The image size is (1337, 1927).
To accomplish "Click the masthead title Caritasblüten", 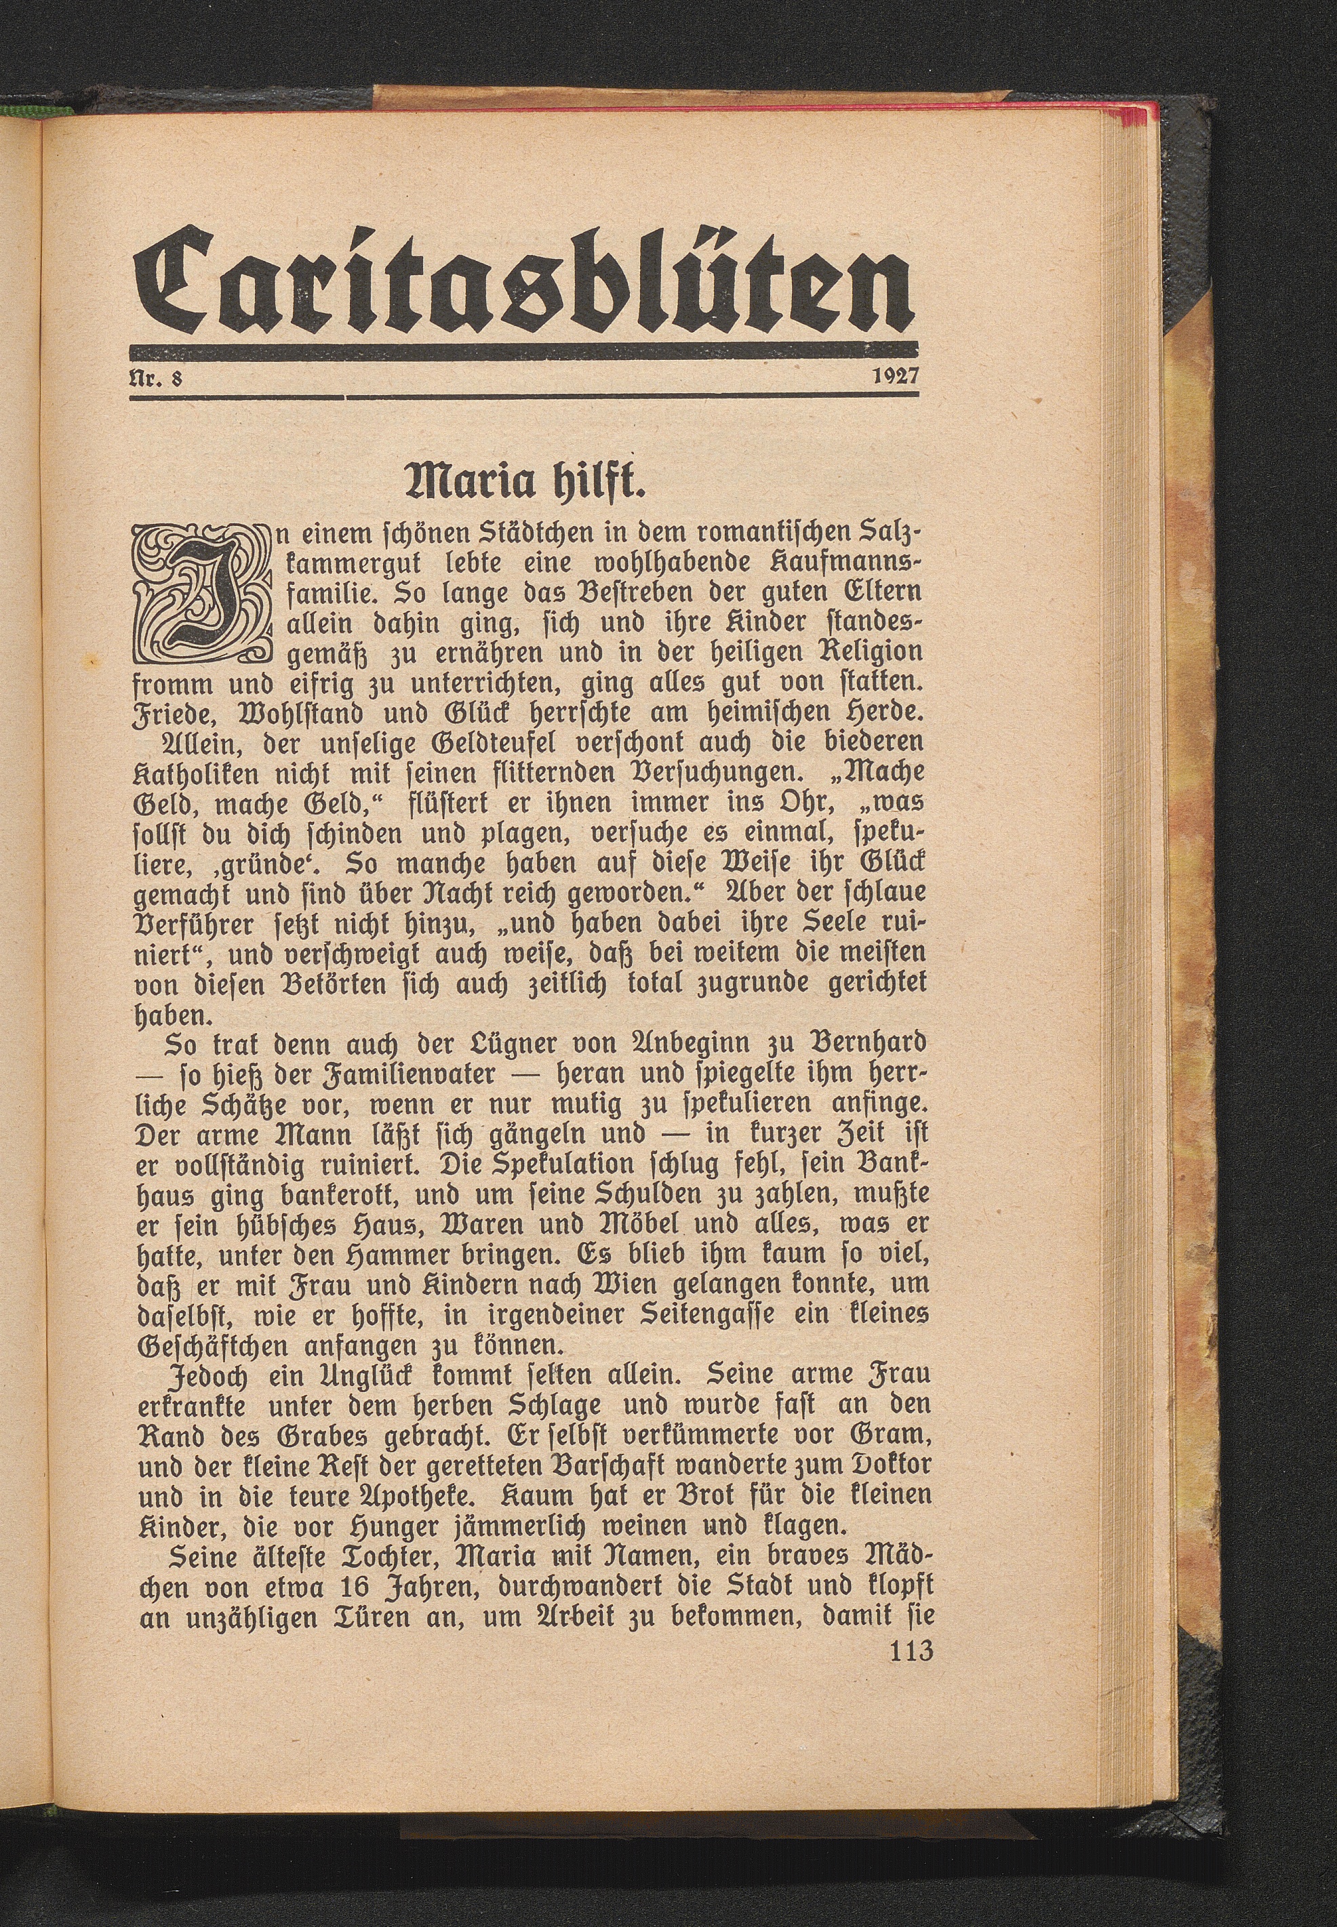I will tap(523, 277).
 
